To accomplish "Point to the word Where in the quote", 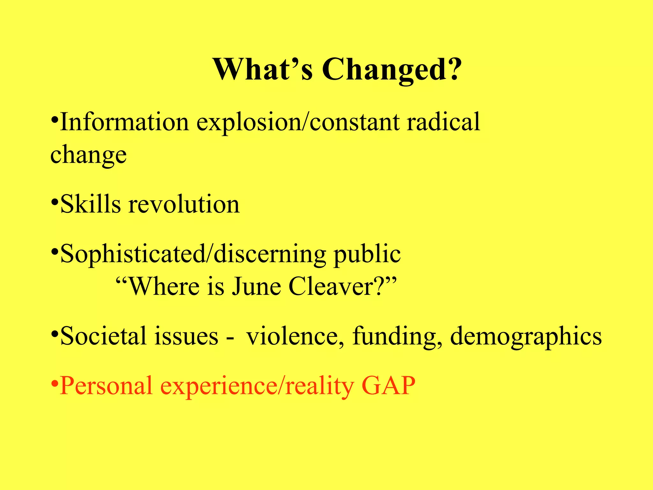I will tap(164, 286).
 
